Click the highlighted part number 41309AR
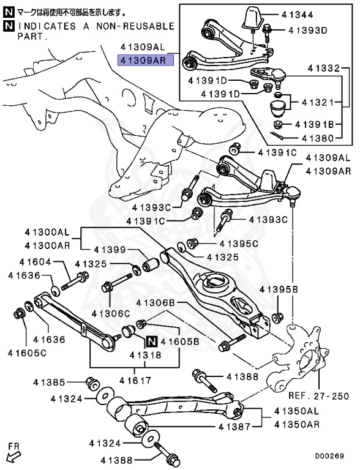point(146,60)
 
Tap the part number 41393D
point(306,29)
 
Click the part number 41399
point(110,250)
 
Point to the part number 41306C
point(111,313)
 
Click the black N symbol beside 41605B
point(151,342)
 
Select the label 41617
point(135,381)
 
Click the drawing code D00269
point(330,456)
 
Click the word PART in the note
point(19,37)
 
